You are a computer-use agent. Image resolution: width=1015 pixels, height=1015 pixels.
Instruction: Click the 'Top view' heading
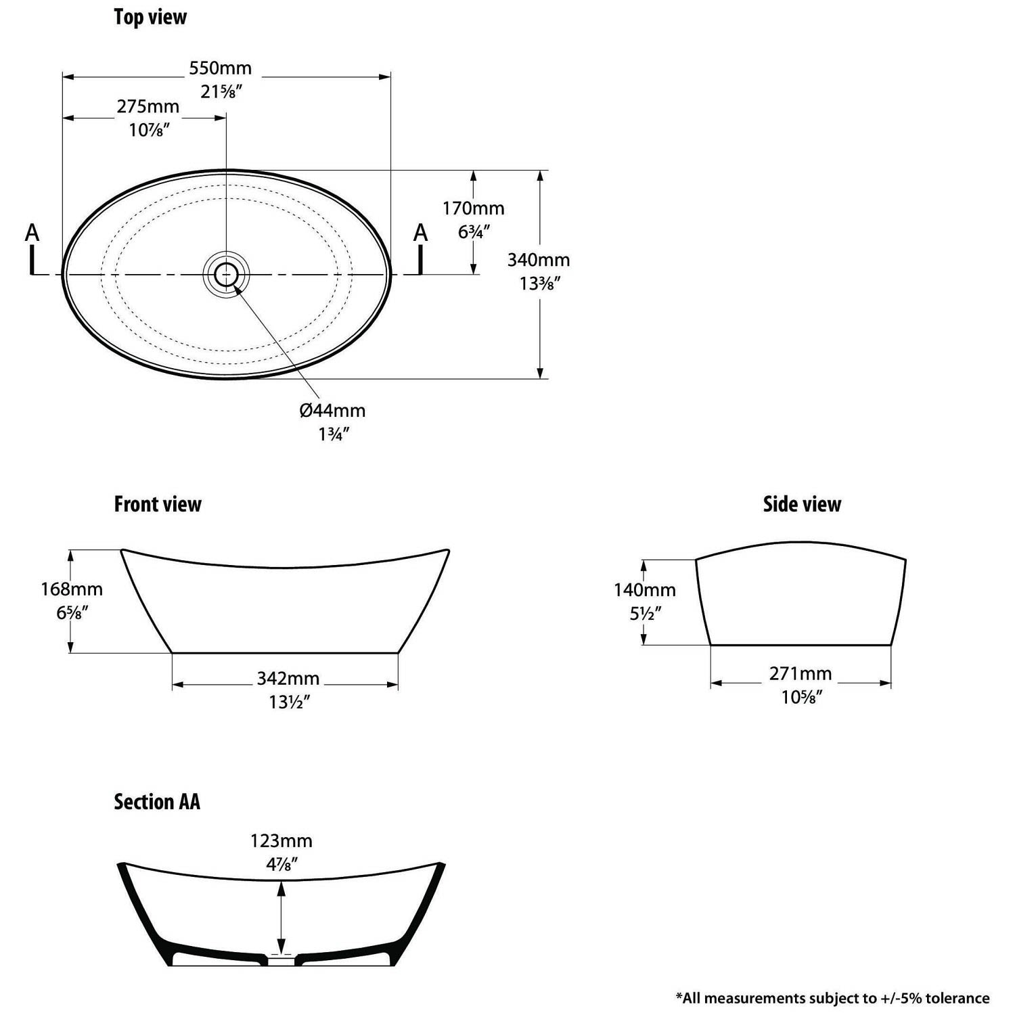pyautogui.click(x=150, y=17)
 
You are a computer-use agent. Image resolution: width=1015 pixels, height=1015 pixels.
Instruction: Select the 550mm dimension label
pyautogui.click(x=221, y=68)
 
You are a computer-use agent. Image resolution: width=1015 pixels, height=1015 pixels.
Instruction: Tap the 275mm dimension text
pyautogui.click(x=148, y=106)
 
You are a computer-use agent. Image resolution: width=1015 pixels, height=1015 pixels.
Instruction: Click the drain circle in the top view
pyautogui.click(x=226, y=274)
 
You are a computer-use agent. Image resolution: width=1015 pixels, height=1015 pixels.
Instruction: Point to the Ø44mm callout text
pyautogui.click(x=332, y=410)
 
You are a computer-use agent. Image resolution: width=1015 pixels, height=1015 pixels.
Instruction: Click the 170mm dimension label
pyautogui.click(x=474, y=208)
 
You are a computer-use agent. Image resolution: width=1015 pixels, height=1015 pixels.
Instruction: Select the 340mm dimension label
pyautogui.click(x=539, y=260)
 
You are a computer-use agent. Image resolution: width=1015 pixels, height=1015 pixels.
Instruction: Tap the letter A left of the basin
pyautogui.click(x=32, y=233)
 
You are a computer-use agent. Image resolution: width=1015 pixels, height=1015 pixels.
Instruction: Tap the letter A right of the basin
pyautogui.click(x=421, y=233)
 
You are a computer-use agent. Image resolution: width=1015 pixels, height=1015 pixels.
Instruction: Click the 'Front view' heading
pyautogui.click(x=158, y=504)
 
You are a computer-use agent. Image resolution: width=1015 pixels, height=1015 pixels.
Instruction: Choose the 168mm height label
pyautogui.click(x=72, y=589)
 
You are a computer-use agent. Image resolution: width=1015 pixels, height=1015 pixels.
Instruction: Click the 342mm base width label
pyautogui.click(x=288, y=678)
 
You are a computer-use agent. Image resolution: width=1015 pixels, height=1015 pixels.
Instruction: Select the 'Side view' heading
pyautogui.click(x=802, y=504)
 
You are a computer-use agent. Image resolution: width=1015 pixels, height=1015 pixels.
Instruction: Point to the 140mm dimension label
pyautogui.click(x=645, y=590)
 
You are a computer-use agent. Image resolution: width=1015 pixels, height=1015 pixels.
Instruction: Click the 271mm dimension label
pyautogui.click(x=800, y=674)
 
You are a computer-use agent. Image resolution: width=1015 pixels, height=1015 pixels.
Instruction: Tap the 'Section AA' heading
pyautogui.click(x=157, y=802)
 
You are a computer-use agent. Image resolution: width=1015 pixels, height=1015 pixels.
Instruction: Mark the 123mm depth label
pyautogui.click(x=281, y=841)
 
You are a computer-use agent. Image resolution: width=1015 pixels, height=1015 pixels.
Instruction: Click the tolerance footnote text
pyautogui.click(x=832, y=997)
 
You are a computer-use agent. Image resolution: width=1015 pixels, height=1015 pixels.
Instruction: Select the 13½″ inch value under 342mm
pyautogui.click(x=290, y=702)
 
